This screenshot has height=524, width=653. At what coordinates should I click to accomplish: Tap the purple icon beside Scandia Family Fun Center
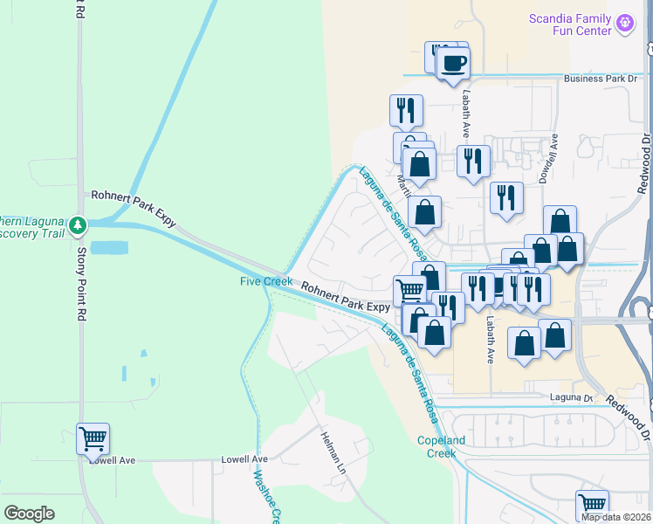(x=625, y=24)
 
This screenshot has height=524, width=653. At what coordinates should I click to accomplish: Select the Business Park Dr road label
(x=601, y=79)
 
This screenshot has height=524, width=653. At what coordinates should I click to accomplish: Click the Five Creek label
(x=267, y=281)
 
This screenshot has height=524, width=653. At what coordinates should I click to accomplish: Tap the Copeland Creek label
(x=436, y=446)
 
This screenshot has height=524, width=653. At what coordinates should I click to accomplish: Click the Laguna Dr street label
(x=570, y=398)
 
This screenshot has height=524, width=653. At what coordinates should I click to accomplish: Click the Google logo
(x=29, y=514)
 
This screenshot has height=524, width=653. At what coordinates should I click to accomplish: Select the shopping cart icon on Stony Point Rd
(x=93, y=439)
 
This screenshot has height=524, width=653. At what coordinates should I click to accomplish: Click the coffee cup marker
(x=453, y=64)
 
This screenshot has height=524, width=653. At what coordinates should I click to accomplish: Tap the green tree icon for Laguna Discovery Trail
(x=78, y=226)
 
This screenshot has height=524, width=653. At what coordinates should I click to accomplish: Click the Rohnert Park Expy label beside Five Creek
(x=346, y=294)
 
